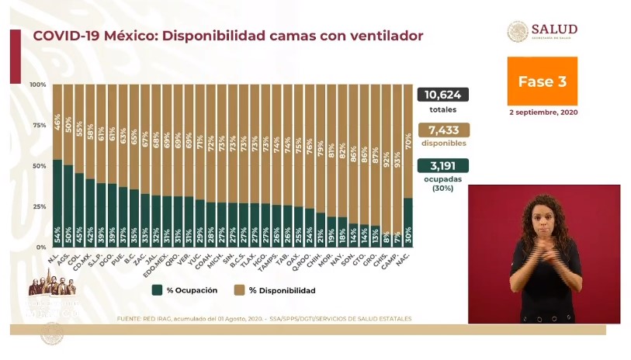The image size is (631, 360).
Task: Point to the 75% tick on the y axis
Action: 38,125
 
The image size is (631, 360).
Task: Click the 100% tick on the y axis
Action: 37,85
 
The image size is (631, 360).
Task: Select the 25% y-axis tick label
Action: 38,206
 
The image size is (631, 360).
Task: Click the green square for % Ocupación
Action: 157,290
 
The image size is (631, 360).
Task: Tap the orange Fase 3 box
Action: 543,81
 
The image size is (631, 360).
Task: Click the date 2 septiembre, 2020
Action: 543,112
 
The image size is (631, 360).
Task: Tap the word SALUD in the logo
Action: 553,29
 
